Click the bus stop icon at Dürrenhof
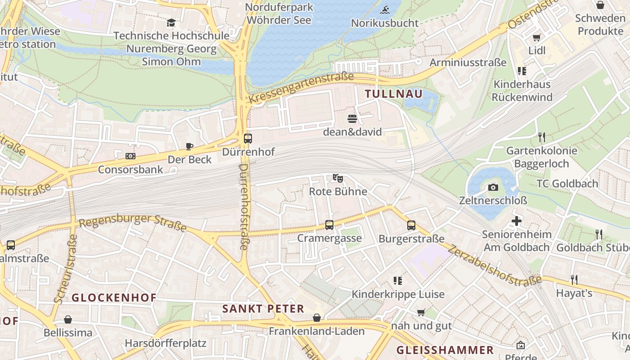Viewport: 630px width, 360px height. [247, 139]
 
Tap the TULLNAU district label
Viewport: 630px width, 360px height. [394, 94]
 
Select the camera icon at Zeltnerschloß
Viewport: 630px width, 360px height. [493, 187]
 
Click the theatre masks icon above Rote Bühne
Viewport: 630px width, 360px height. [337, 178]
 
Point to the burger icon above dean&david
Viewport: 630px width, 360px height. [352, 119]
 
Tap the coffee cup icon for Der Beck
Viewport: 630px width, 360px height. [189, 146]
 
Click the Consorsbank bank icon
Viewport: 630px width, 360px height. [130, 156]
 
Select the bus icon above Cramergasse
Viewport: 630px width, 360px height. [329, 225]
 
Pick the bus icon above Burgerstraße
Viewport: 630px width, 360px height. [411, 225]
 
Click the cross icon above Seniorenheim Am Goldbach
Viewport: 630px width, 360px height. [517, 221]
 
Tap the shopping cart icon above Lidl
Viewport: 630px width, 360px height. [536, 37]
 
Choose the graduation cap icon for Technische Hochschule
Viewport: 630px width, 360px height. [171, 22]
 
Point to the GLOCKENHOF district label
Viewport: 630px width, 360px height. [114, 297]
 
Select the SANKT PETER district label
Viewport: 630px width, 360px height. [263, 309]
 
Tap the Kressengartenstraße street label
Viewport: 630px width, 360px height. [301, 87]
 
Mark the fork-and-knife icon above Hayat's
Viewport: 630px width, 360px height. [574, 279]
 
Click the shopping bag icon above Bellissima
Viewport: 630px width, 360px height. [68, 319]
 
